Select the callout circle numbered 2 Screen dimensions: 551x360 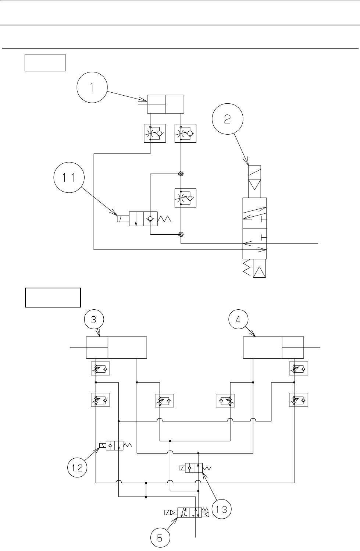coord(228,120)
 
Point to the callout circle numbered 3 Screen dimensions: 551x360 coord(94,320)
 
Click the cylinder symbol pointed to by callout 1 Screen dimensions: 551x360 coord(165,104)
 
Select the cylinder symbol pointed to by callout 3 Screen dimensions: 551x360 coord(116,347)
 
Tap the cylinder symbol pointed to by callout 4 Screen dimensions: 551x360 coord(274,347)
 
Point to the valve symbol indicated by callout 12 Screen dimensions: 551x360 coord(115,446)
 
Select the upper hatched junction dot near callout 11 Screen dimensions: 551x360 coord(181,174)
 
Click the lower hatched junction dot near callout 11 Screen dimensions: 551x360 coord(181,234)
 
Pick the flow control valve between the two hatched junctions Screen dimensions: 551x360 coord(186,198)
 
